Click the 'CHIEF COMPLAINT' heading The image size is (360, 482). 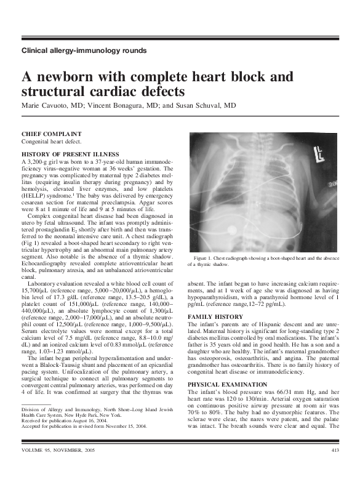51,134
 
